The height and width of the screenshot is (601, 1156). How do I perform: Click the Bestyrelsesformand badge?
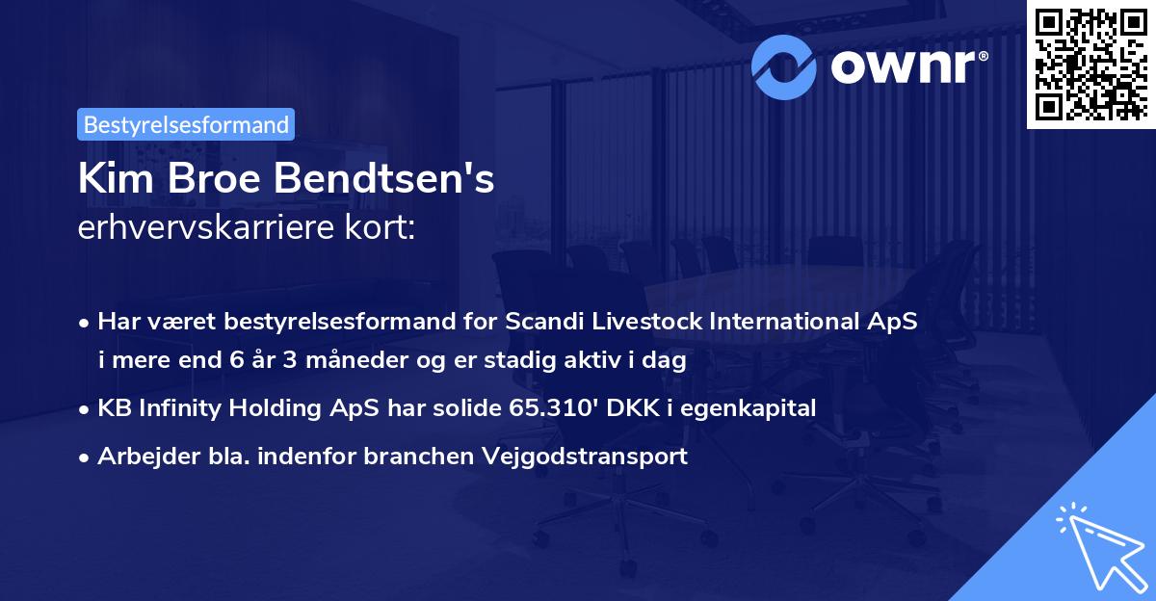186,124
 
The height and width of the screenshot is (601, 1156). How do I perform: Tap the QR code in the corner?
1090,64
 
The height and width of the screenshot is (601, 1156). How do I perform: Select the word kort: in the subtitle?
386,229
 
